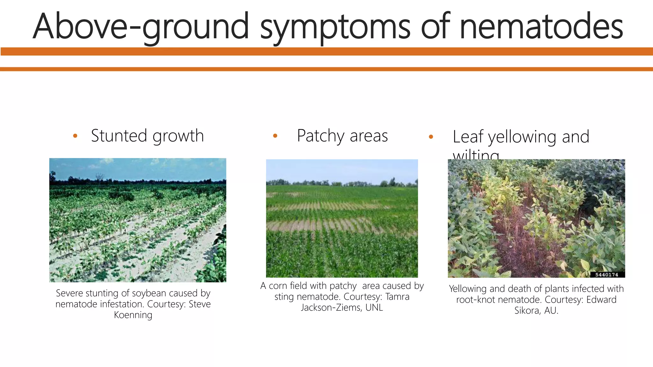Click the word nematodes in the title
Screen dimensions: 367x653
point(541,26)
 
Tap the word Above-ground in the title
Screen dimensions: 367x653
point(140,26)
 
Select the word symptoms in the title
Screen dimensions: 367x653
point(335,26)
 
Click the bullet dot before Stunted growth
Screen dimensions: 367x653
point(75,136)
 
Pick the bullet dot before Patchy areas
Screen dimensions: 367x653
point(275,136)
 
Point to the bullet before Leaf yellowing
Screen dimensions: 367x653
point(431,137)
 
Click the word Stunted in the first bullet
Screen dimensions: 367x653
point(119,136)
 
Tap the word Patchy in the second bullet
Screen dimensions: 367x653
point(320,136)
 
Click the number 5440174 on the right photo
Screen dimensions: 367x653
point(606,275)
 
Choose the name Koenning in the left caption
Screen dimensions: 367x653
point(133,315)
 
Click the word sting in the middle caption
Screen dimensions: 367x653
point(284,297)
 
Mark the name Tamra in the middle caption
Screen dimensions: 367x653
point(397,297)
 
